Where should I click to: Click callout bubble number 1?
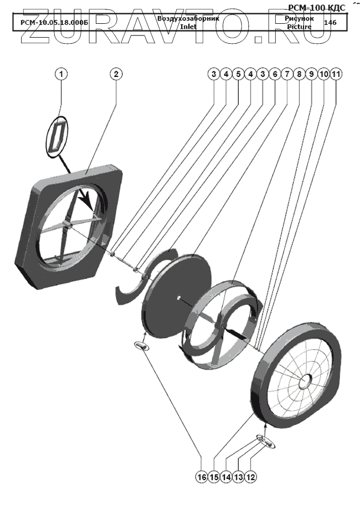[x=61, y=74]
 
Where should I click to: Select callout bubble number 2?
[x=115, y=74]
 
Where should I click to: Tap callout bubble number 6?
[x=274, y=74]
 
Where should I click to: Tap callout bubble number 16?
[x=202, y=476]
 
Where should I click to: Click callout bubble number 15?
[x=214, y=476]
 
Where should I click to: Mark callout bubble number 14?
[x=226, y=476]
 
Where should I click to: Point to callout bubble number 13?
[x=239, y=476]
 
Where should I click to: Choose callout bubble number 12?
[x=251, y=476]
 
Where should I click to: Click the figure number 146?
[x=330, y=23]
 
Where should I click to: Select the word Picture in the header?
[x=299, y=26]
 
